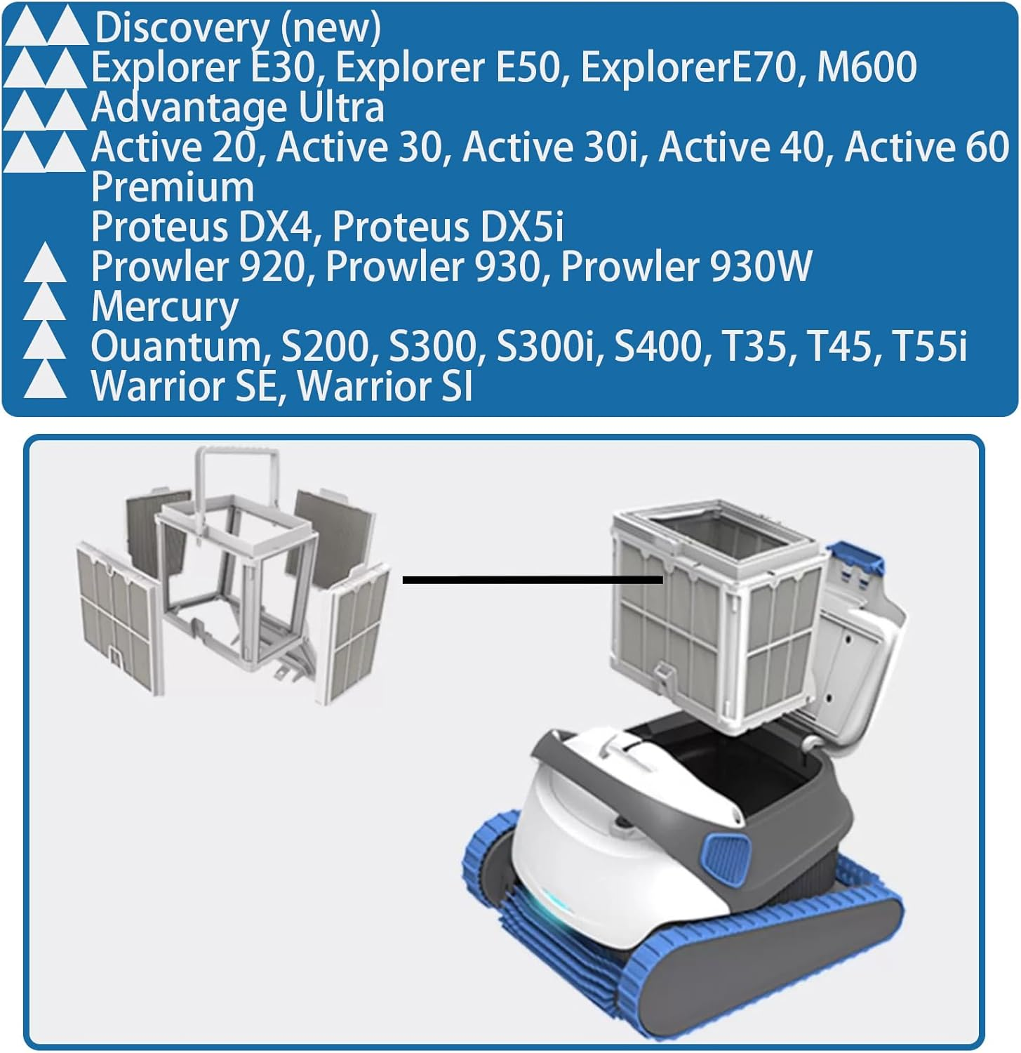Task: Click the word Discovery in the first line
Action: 182,29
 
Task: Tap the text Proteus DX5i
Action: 448,227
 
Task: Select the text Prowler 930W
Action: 686,267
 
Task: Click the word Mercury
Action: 165,307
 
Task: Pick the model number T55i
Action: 929,347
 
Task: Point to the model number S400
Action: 658,347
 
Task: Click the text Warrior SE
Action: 184,387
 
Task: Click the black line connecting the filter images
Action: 533,580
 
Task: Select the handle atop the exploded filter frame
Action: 239,477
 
